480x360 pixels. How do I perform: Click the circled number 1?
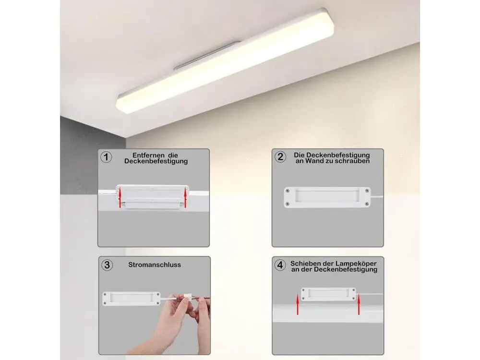click(x=106, y=157)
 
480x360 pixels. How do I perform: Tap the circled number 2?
click(x=280, y=157)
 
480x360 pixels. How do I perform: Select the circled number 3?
click(x=107, y=265)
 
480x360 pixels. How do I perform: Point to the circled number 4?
click(x=280, y=265)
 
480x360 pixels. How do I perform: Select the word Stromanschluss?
click(x=155, y=265)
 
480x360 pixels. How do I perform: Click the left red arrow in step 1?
click(x=120, y=198)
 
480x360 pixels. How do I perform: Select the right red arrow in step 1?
click(x=185, y=198)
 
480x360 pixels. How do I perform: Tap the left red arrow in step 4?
click(x=297, y=305)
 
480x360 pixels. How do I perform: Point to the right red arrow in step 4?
click(x=359, y=305)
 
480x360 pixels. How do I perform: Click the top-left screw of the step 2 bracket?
click(x=288, y=191)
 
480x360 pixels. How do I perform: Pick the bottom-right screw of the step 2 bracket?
click(x=367, y=204)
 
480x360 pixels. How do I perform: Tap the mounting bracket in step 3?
click(x=132, y=299)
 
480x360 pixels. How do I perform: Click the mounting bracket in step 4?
click(x=328, y=294)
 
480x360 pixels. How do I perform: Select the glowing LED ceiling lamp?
click(x=225, y=61)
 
